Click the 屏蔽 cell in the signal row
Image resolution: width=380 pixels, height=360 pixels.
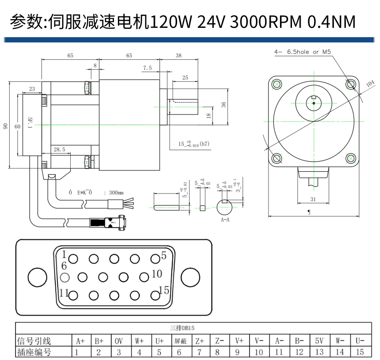181,340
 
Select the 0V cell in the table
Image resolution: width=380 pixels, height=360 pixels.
119,340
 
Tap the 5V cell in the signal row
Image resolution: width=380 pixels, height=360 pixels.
319,340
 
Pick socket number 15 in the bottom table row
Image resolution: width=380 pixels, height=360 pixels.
360,352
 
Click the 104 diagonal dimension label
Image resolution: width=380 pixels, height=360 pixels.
370,84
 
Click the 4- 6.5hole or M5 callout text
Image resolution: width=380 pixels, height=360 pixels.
303,51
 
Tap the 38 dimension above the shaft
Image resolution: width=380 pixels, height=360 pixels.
179,56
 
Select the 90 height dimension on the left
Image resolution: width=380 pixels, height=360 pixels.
6,126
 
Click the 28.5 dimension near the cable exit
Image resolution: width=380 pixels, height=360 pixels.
59,150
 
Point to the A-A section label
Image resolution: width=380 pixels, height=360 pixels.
225,219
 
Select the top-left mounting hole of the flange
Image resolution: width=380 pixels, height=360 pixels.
277,84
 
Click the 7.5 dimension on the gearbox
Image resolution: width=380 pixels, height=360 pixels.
148,68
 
